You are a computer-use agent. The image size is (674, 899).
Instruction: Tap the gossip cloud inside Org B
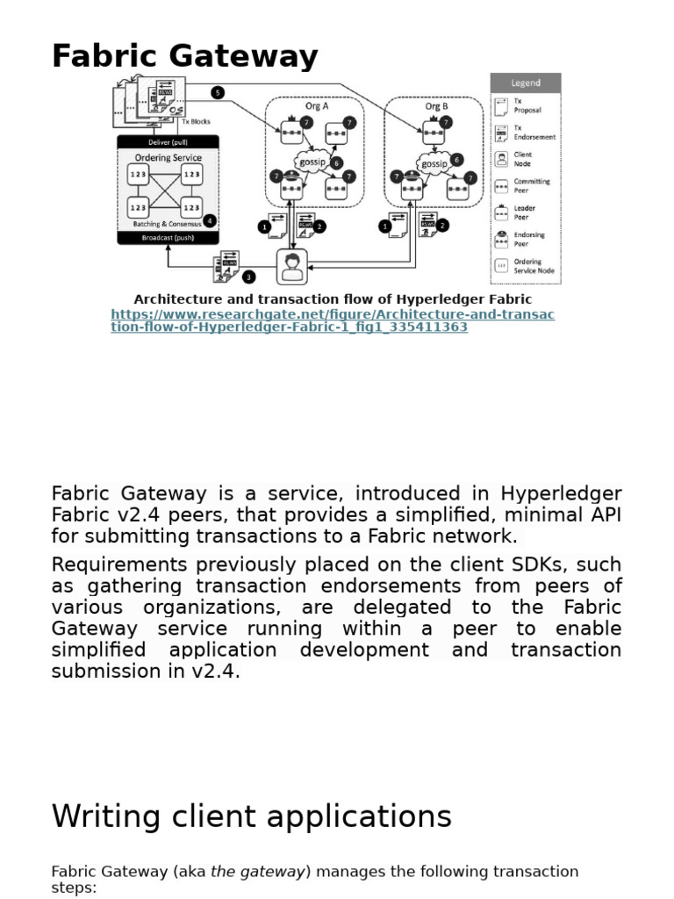click(434, 163)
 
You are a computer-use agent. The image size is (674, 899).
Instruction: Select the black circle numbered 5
click(218, 92)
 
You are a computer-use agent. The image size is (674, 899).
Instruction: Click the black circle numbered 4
click(208, 220)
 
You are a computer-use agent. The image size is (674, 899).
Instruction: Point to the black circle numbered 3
click(249, 277)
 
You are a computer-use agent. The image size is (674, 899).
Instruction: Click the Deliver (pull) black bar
click(168, 141)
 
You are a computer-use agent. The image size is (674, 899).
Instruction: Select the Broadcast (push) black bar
click(168, 237)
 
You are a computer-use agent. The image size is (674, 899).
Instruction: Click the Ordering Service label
click(168, 157)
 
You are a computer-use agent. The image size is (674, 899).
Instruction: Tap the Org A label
click(315, 106)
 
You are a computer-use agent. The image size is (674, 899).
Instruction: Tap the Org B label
click(436, 106)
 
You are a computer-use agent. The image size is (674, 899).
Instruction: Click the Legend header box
click(526, 83)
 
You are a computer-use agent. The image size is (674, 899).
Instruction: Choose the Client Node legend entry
click(526, 159)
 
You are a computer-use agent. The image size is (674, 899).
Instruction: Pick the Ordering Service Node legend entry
click(526, 266)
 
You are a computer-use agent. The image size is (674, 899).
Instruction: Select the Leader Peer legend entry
click(526, 212)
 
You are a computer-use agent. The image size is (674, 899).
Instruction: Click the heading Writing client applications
click(252, 816)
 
